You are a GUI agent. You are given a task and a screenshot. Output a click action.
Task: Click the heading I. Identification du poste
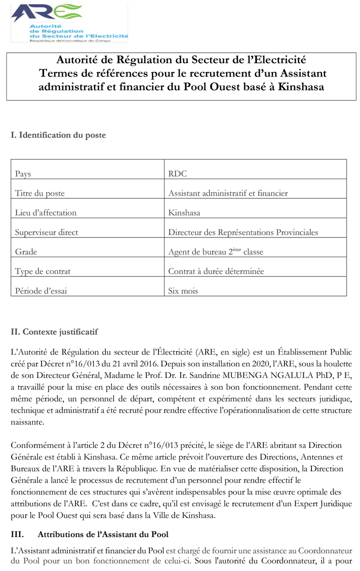(x=58, y=135)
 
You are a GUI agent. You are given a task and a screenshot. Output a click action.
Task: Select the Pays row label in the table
(x=23, y=174)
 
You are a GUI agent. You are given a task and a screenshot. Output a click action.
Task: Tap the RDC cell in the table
(x=177, y=174)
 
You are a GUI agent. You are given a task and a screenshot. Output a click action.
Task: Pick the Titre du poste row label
(x=39, y=193)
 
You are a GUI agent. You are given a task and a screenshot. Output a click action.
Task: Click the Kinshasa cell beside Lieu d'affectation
(x=184, y=213)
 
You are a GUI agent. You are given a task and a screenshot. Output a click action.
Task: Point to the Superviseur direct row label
(x=47, y=233)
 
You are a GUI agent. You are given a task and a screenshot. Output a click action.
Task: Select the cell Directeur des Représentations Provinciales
(x=243, y=233)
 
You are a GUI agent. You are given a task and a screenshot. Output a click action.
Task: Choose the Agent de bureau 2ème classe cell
(x=215, y=252)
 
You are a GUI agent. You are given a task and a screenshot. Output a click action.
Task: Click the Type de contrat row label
(x=43, y=271)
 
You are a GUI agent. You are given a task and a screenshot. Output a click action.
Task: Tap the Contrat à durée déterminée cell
(x=216, y=271)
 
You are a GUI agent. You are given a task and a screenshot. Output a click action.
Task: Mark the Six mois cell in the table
(x=183, y=291)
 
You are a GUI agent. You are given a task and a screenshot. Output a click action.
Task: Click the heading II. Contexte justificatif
(x=54, y=332)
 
